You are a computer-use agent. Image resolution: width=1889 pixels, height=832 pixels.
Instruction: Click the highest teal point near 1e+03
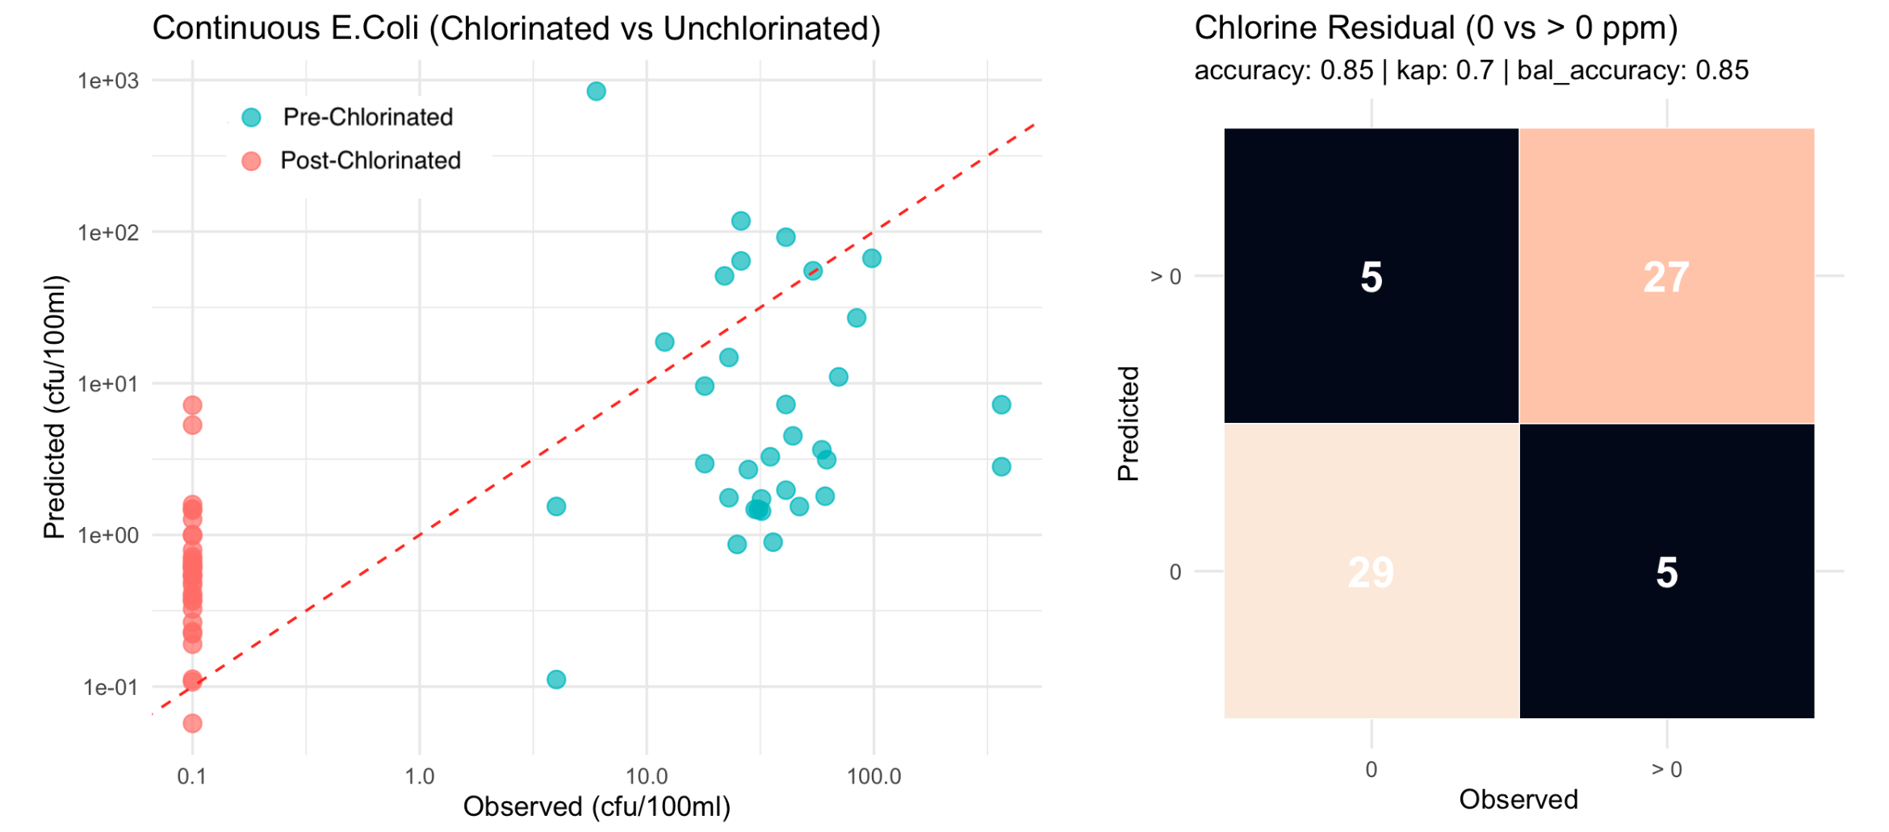click(x=596, y=91)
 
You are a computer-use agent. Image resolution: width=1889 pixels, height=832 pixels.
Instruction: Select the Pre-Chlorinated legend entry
click(x=367, y=117)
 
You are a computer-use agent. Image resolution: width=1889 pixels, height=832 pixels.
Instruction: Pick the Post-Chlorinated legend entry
click(x=370, y=161)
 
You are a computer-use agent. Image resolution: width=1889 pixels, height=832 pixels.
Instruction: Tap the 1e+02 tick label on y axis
click(x=108, y=232)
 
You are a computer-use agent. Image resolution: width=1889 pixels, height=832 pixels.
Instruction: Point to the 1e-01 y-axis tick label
click(x=110, y=688)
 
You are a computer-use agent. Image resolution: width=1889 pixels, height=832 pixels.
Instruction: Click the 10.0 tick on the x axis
click(x=647, y=776)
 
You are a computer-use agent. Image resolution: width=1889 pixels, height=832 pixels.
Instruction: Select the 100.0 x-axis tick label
click(x=873, y=776)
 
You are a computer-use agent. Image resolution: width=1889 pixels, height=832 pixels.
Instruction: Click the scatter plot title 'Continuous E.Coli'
click(x=516, y=28)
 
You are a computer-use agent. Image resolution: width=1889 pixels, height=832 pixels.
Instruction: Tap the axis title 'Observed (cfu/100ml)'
click(x=597, y=806)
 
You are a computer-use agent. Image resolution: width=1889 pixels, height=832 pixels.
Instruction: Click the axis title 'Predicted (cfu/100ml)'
click(x=54, y=408)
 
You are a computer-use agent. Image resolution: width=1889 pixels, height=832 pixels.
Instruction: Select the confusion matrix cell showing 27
click(x=1666, y=276)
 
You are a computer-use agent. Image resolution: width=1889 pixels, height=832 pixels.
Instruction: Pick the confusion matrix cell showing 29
click(x=1371, y=571)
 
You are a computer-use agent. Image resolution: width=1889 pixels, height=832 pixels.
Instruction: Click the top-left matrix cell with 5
click(x=1371, y=276)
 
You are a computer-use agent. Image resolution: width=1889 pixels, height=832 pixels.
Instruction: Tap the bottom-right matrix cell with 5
click(x=1666, y=571)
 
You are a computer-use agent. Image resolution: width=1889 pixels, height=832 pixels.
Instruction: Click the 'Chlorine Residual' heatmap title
click(x=1435, y=28)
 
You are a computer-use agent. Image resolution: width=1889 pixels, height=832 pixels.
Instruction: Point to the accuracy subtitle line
click(x=1471, y=70)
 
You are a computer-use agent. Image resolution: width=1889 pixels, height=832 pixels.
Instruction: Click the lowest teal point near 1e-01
click(x=556, y=679)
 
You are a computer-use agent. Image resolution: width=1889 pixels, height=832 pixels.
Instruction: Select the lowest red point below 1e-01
click(x=192, y=723)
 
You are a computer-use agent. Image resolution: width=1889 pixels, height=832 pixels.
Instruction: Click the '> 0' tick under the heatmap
click(x=1666, y=770)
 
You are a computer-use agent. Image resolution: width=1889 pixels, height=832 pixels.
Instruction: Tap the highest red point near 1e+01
click(x=192, y=405)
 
